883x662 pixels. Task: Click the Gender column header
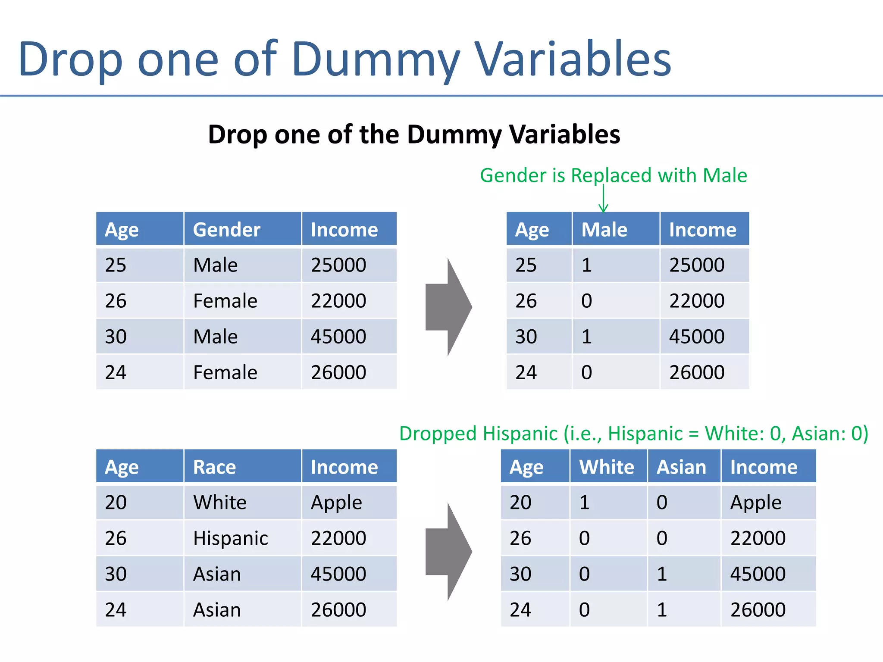[x=226, y=229]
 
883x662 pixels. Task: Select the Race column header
[x=214, y=467]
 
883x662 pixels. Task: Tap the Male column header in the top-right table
[x=604, y=229]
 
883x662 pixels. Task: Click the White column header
[x=607, y=467]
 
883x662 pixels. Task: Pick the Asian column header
[x=681, y=467]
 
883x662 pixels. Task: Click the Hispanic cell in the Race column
[x=230, y=538]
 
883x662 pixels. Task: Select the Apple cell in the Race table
[x=336, y=503]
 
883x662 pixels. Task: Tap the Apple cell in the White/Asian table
[x=755, y=503]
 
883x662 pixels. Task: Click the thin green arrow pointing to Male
[x=603, y=199]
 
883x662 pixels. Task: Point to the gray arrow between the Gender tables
[x=448, y=307]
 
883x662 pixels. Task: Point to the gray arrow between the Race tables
[x=448, y=551]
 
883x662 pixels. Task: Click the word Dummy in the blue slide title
[x=375, y=59]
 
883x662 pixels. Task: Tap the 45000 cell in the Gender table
[x=338, y=336]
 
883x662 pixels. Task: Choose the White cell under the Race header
[x=220, y=503]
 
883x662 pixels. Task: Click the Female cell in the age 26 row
[x=225, y=300]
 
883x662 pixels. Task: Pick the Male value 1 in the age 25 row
[x=586, y=265]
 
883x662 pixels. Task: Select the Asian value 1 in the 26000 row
[x=662, y=609]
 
